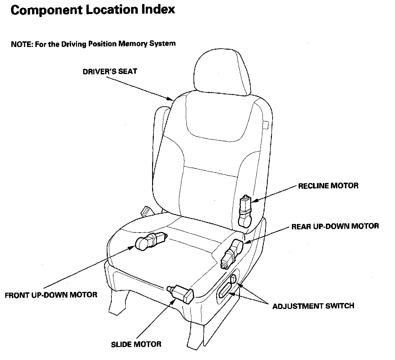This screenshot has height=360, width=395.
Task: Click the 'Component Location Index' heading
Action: pyautogui.click(x=93, y=10)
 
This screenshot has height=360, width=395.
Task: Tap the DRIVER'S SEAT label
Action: pyautogui.click(x=110, y=71)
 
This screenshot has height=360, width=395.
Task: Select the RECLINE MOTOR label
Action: pyautogui.click(x=328, y=186)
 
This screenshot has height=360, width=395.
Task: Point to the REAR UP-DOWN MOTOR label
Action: pyautogui.click(x=335, y=226)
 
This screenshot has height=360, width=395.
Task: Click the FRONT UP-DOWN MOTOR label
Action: pyautogui.click(x=51, y=295)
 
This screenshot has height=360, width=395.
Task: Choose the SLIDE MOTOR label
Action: pyautogui.click(x=136, y=344)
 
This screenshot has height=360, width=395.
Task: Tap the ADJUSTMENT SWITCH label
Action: pyautogui.click(x=313, y=306)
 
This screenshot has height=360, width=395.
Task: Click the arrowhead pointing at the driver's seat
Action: pyautogui.click(x=170, y=99)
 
